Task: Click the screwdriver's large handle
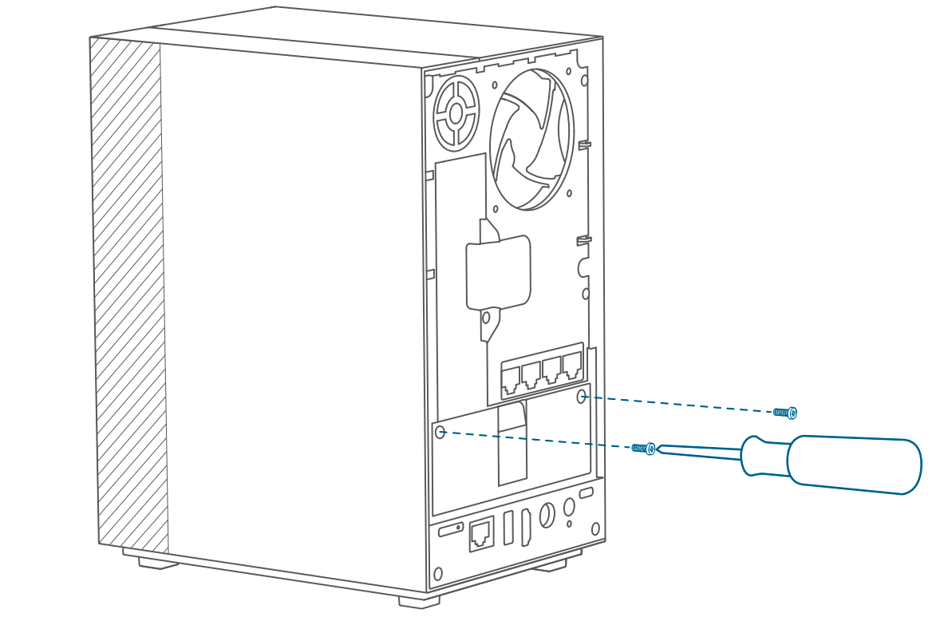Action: (x=854, y=465)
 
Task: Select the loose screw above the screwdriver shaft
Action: (x=785, y=412)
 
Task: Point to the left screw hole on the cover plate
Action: (x=440, y=432)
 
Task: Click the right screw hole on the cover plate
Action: (x=581, y=397)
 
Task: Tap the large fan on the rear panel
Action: (x=531, y=140)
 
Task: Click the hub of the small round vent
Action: (x=456, y=113)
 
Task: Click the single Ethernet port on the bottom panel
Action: (x=481, y=534)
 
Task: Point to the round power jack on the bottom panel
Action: (x=547, y=515)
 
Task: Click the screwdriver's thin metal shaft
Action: (x=698, y=453)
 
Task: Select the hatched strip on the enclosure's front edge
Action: (x=128, y=295)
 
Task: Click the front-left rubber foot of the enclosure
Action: (x=158, y=562)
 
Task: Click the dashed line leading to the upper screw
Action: (x=678, y=404)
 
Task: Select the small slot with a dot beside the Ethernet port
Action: (x=451, y=529)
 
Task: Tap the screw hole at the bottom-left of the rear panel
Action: (x=436, y=573)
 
